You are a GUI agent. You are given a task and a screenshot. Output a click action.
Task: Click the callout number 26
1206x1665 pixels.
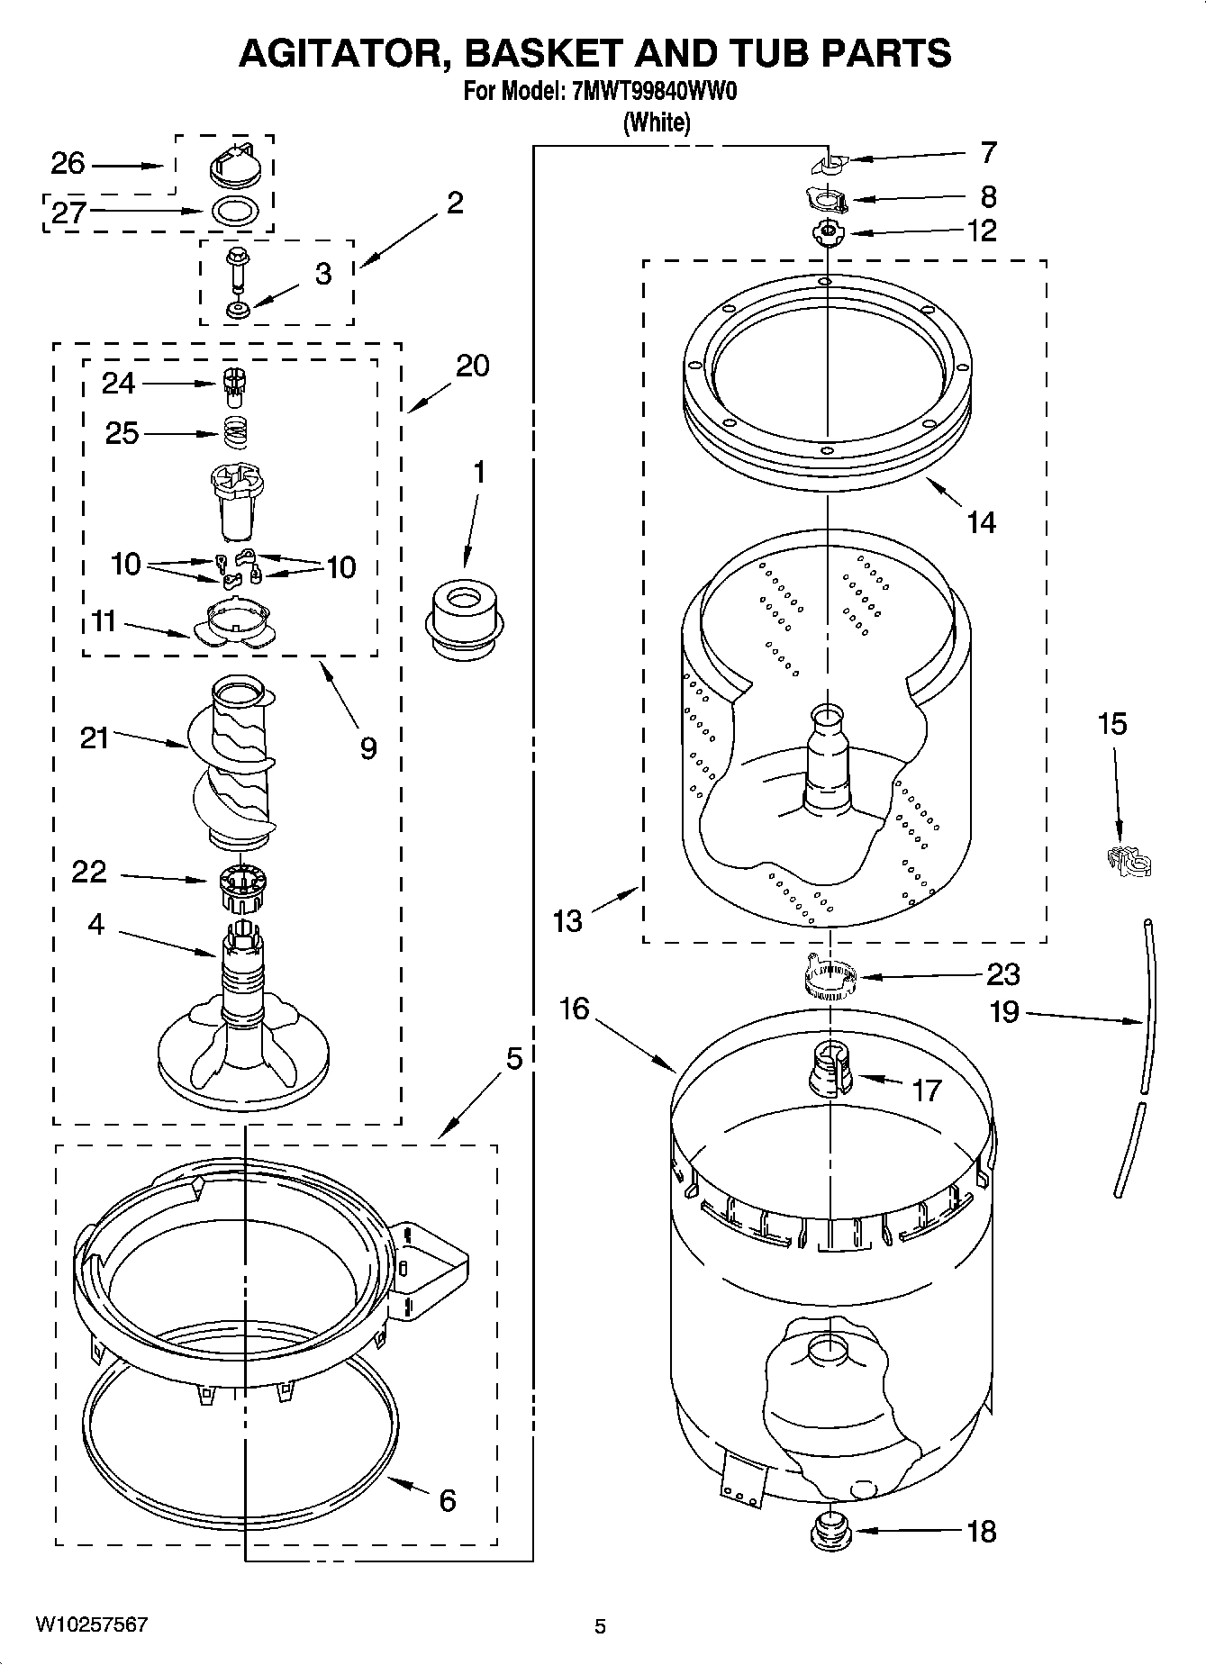point(68,164)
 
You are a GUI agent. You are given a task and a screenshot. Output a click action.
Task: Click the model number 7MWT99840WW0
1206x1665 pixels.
point(655,91)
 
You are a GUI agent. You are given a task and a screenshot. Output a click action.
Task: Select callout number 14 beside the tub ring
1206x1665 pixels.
point(981,521)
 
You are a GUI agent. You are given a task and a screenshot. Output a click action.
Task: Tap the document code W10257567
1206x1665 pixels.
point(91,1624)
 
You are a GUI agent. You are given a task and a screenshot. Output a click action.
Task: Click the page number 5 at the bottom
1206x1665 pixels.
point(600,1626)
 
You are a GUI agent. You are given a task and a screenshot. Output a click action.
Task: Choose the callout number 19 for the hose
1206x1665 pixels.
point(1004,1011)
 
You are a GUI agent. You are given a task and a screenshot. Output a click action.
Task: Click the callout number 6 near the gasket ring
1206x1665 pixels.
point(448,1499)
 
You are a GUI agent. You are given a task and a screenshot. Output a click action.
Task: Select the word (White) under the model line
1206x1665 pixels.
point(657,122)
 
